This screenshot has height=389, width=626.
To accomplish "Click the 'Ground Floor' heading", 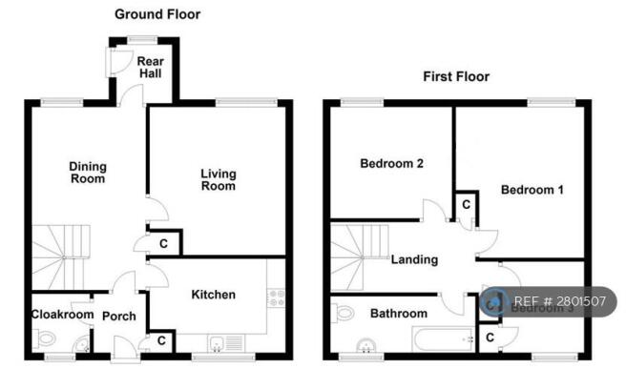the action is (x=157, y=14).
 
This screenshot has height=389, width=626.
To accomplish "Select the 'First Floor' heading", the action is (x=456, y=76).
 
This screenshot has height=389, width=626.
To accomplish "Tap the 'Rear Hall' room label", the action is (x=150, y=67).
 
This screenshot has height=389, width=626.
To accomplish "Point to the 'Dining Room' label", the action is (x=88, y=173).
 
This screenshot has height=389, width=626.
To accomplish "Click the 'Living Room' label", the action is (x=219, y=179).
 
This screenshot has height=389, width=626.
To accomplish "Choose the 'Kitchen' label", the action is (x=213, y=295).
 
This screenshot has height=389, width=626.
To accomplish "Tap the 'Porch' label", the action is (x=119, y=316).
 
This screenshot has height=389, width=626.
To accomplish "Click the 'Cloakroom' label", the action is (x=62, y=315).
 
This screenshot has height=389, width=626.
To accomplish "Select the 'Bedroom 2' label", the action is (x=391, y=163).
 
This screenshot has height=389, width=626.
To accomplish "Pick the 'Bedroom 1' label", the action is (x=532, y=190).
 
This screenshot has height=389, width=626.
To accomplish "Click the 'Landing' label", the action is (x=414, y=259).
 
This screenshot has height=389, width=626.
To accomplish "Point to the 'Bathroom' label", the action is (x=399, y=313).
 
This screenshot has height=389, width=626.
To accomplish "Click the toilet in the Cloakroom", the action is (x=44, y=339).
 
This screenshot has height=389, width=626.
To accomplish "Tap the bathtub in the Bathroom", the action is (x=444, y=339).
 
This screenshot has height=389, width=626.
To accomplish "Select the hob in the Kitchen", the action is (x=277, y=297).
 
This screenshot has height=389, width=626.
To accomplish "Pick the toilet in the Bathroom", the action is (x=343, y=313).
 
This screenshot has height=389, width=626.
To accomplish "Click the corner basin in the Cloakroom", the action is (x=83, y=345).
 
